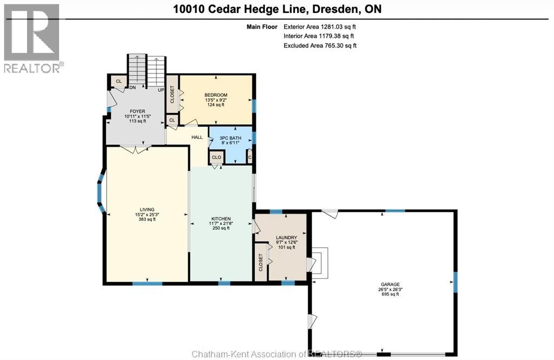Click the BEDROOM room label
(216, 95)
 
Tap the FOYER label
(137, 111)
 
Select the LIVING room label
(147, 210)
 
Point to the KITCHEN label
(221, 219)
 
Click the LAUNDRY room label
(287, 238)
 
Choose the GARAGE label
(391, 284)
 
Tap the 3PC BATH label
(230, 138)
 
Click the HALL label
(197, 137)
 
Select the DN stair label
(133, 88)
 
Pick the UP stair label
(161, 90)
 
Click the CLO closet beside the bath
(216, 157)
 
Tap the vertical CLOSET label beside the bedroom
(173, 95)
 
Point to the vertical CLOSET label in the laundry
(261, 263)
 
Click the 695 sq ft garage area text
(391, 294)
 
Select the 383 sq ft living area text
(147, 219)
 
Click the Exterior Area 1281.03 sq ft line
(320, 26)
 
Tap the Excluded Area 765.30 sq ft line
(320, 45)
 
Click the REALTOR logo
(32, 38)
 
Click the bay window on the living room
(100, 191)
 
